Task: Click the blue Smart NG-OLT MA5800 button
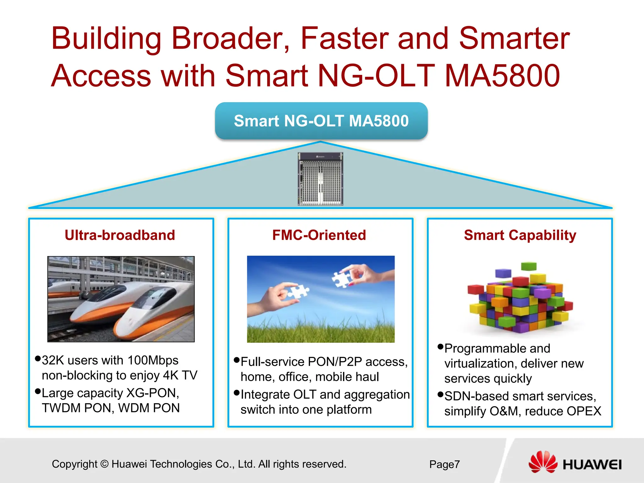click(x=321, y=121)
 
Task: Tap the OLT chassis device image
click(x=320, y=179)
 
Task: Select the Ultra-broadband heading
click(x=120, y=235)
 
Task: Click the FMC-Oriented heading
click(x=319, y=235)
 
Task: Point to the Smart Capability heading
click(x=520, y=235)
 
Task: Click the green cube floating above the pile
click(x=529, y=266)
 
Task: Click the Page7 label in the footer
click(x=444, y=464)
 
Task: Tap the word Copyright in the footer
click(x=75, y=464)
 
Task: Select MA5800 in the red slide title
click(x=502, y=76)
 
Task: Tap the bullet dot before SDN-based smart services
click(x=440, y=394)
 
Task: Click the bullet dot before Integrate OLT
click(x=237, y=393)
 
